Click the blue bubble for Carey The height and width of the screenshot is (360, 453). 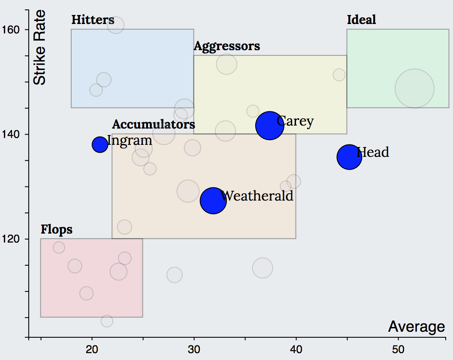point(269,126)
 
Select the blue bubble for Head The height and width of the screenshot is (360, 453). point(349,157)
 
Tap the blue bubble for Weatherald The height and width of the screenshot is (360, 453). point(213,201)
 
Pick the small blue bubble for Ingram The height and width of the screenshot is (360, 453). point(100,144)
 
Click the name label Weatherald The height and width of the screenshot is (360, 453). point(257,196)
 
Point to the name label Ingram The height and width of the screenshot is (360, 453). point(130,141)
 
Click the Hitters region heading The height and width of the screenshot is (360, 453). point(93,20)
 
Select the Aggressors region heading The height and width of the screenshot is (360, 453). point(226,46)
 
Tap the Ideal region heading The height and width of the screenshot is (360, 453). point(361,20)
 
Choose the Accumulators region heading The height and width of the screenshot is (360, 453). point(153,124)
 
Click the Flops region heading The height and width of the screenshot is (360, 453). point(57,230)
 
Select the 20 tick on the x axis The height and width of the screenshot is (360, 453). point(92,348)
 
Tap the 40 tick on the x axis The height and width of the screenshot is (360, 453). point(296,348)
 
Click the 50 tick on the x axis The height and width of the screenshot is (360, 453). point(398,348)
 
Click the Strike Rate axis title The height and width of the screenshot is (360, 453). point(39,47)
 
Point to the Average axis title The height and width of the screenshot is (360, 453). point(416,327)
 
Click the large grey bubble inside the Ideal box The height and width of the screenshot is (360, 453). point(414,89)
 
